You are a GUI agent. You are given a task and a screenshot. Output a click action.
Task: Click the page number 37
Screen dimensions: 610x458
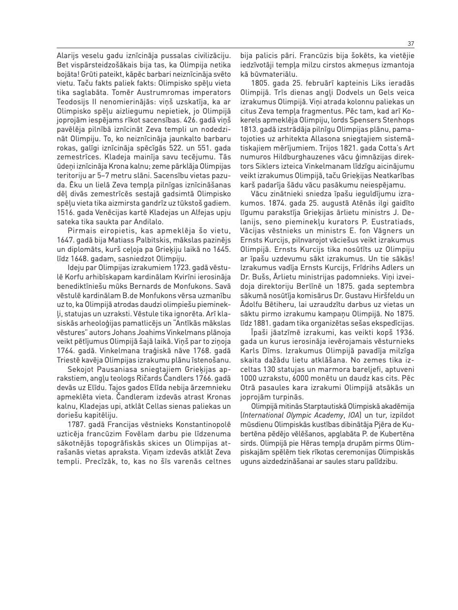point(411,43)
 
